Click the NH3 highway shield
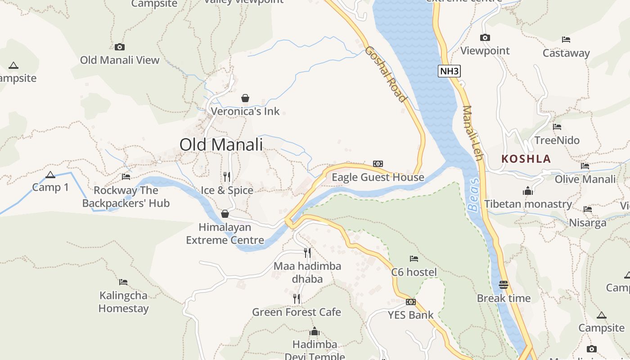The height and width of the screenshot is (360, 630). click(449, 71)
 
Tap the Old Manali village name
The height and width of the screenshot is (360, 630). click(221, 144)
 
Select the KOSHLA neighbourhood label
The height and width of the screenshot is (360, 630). click(526, 159)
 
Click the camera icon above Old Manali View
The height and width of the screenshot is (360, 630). click(119, 47)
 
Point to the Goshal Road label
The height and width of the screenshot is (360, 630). click(386, 74)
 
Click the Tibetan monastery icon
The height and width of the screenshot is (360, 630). click(528, 191)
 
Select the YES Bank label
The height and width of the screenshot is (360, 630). click(410, 315)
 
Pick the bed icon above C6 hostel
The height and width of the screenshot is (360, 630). click(414, 259)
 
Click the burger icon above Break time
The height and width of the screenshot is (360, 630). click(504, 285)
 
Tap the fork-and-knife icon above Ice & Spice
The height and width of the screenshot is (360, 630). click(227, 176)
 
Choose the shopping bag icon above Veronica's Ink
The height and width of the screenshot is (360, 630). click(245, 98)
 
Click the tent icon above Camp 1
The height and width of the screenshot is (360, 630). click(50, 175)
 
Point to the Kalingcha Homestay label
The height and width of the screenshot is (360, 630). click(123, 302)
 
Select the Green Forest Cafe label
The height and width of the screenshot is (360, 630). click(296, 312)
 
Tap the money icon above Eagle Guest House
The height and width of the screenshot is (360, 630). click(378, 164)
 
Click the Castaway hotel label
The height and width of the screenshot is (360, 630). click(566, 53)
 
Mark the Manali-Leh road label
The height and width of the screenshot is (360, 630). click(472, 133)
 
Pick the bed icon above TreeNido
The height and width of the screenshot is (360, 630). click(557, 127)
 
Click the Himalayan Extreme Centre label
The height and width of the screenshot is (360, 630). click(225, 234)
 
